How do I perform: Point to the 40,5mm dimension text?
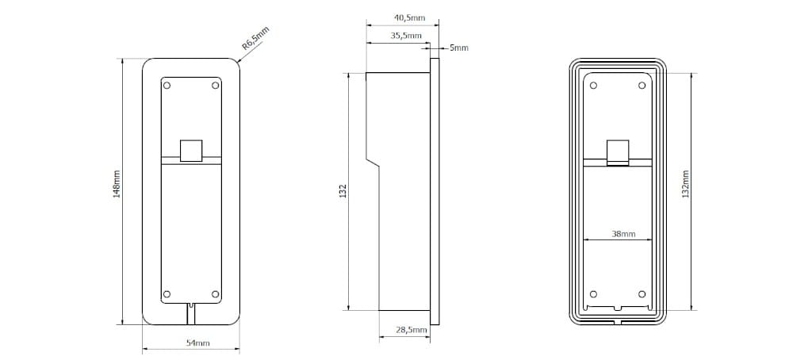click(408, 17)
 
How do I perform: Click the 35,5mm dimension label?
click(407, 36)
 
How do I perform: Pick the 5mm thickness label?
click(459, 48)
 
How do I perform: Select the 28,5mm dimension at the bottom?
click(412, 330)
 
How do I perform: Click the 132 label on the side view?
click(343, 191)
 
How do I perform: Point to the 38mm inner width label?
click(623, 234)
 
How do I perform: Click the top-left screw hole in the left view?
click(167, 84)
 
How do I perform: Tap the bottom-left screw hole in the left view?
click(167, 294)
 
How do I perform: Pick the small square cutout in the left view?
click(191, 150)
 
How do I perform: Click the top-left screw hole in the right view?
click(592, 84)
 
